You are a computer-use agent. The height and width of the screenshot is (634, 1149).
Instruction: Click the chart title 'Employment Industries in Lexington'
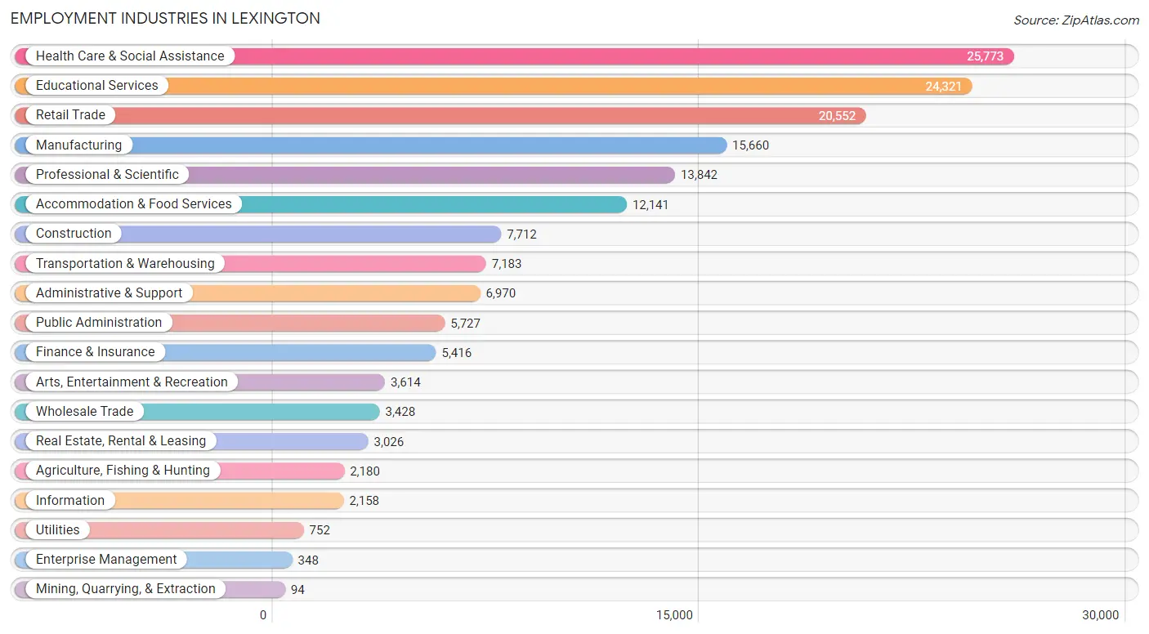(165, 19)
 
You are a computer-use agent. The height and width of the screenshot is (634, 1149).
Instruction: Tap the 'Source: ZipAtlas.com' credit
(1076, 20)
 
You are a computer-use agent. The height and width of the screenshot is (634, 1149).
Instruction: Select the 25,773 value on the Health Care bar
(985, 56)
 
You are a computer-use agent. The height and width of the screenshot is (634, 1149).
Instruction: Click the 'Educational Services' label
(97, 85)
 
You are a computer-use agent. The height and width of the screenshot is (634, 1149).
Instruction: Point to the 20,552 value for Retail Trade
(837, 116)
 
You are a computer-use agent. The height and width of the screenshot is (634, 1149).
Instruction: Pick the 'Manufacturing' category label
(79, 145)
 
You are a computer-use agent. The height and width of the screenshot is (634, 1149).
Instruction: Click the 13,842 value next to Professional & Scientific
(700, 175)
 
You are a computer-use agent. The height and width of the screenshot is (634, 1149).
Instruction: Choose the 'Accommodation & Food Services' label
(134, 203)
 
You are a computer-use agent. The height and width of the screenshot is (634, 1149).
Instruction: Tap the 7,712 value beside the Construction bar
(521, 234)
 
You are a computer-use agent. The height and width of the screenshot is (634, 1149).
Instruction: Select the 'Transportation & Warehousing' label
(125, 263)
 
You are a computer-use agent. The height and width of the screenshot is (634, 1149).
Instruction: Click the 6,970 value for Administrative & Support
(501, 293)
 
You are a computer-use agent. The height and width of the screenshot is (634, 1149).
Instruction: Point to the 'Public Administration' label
(99, 322)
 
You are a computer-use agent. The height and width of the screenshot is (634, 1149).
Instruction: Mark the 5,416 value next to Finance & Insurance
(457, 353)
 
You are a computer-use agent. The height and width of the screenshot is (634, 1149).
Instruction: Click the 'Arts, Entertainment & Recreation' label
(132, 382)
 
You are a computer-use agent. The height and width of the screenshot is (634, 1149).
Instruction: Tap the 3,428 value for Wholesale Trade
(400, 412)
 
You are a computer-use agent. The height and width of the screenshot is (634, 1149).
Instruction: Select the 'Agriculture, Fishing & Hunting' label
(123, 471)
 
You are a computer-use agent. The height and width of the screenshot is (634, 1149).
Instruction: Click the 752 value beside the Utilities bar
(320, 530)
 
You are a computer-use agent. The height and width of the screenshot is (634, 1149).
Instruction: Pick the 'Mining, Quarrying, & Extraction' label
(126, 589)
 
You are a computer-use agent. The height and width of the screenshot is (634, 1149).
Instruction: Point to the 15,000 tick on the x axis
(674, 615)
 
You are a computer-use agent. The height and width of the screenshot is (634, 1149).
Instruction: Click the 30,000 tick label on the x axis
(1100, 615)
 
